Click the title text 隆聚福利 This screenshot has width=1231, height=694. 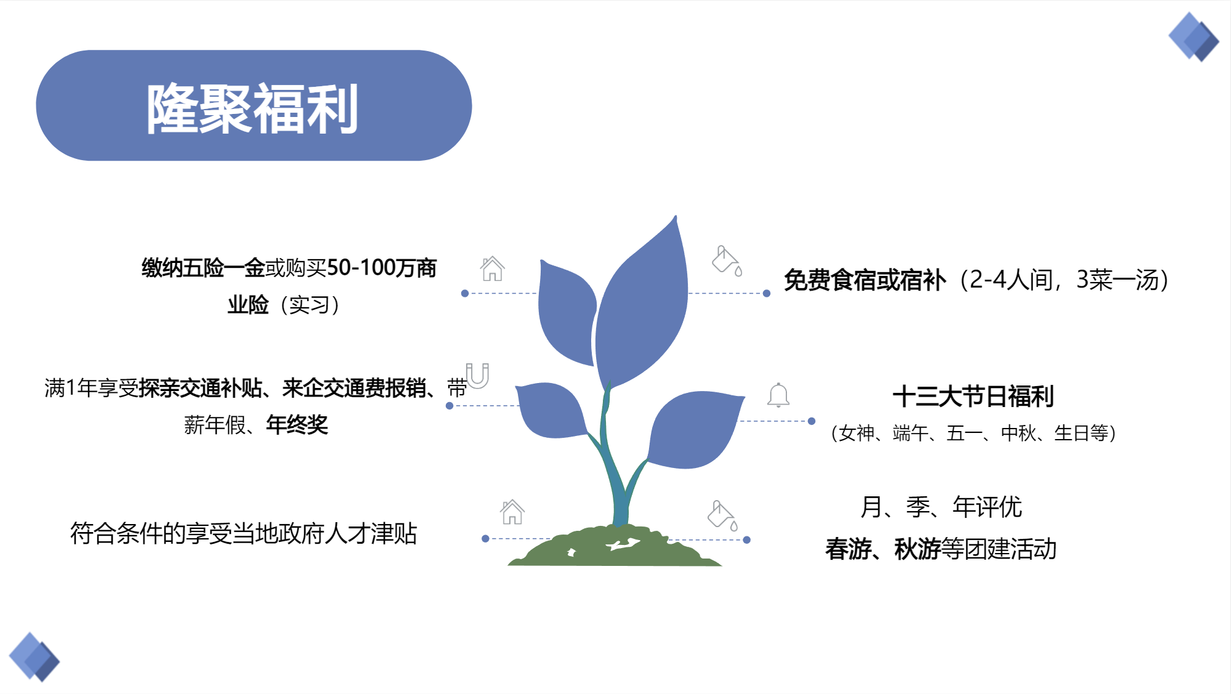pos(252,108)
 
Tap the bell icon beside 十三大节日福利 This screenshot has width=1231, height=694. pos(778,395)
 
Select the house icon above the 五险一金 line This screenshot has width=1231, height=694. pos(493,269)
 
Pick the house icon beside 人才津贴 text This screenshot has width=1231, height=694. pos(512,512)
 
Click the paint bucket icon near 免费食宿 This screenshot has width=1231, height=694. pos(727,260)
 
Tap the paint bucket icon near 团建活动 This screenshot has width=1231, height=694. pos(722,515)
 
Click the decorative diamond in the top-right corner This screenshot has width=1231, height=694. pos(1194,37)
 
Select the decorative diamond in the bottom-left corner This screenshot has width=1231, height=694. pos(34,657)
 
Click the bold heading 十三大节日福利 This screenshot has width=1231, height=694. pos(973,396)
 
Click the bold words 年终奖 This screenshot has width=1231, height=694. pos(297,424)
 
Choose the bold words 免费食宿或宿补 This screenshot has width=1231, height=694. pos(865,280)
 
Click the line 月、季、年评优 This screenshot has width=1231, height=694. pos(941,507)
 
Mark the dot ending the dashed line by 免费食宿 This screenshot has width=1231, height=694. pos(767,293)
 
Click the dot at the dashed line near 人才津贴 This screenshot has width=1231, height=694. pos(485,538)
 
